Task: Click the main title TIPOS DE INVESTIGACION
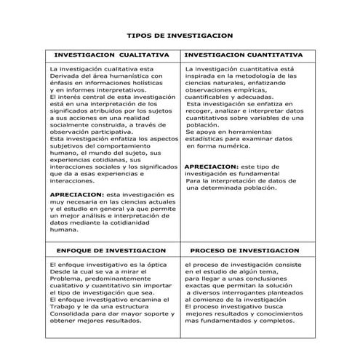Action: coord(180,34)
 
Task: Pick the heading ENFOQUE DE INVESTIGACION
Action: coord(111,249)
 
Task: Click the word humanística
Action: coord(139,75)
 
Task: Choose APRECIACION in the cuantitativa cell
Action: coord(212,167)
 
